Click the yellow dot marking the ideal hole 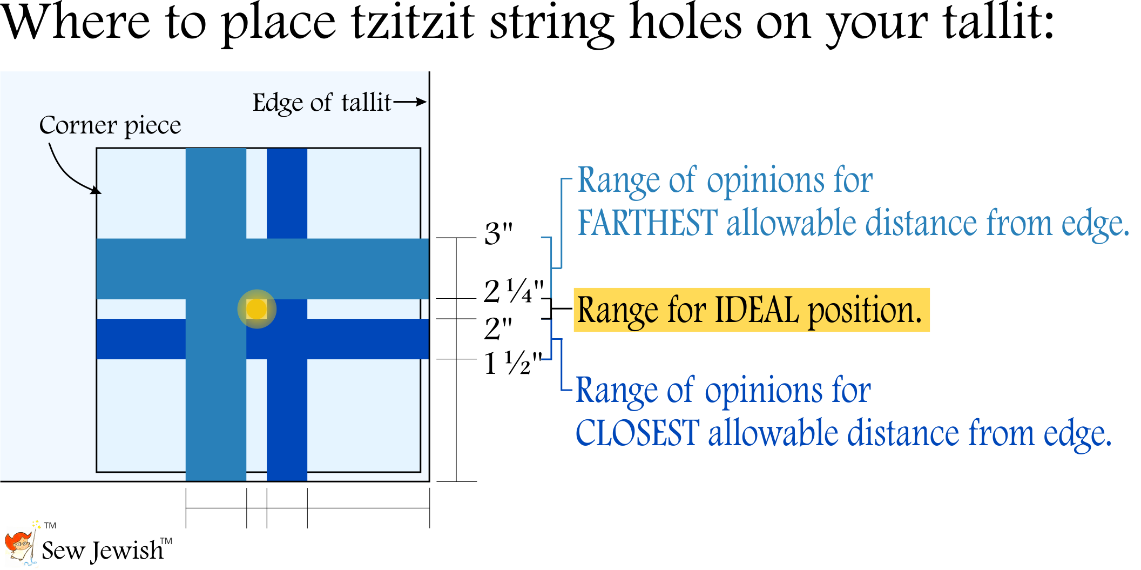[x=257, y=309]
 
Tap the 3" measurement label [x=498, y=234]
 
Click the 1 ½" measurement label [x=512, y=364]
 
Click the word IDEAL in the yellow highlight [x=757, y=311]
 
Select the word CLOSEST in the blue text [x=637, y=433]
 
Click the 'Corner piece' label [x=110, y=125]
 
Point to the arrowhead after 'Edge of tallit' [x=422, y=102]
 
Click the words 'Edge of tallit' [x=322, y=103]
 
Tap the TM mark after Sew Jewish [x=166, y=541]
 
